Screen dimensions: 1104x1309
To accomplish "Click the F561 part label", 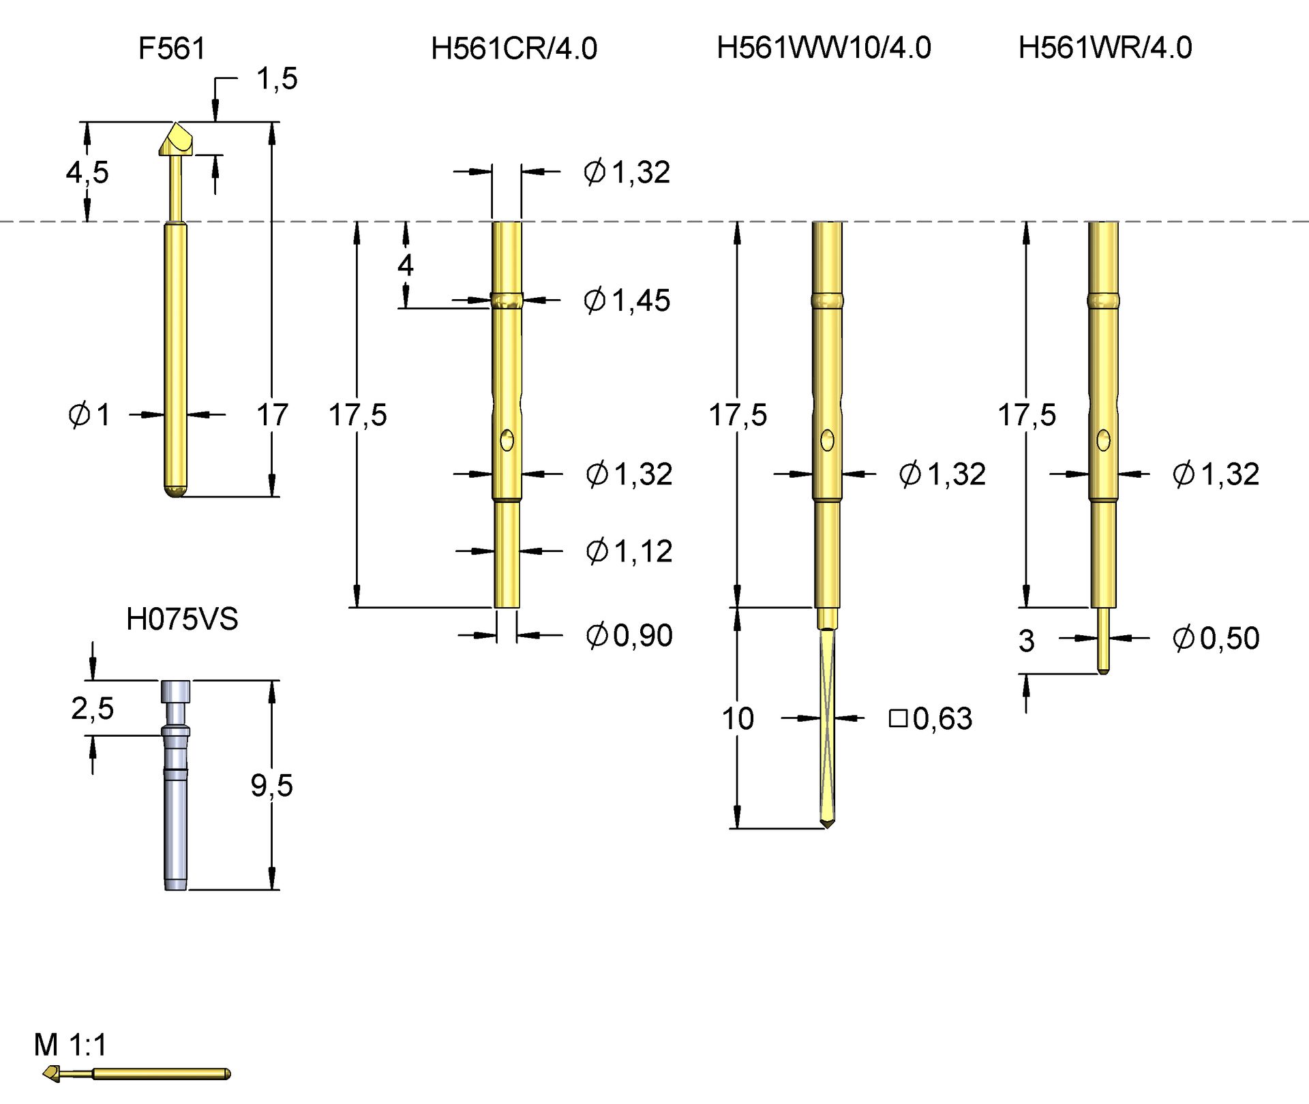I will [x=172, y=48].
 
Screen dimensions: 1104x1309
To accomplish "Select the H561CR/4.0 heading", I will [x=514, y=48].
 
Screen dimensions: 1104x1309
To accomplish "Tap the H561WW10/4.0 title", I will [x=824, y=48].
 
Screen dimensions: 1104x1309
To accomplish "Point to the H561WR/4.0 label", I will [x=1105, y=48].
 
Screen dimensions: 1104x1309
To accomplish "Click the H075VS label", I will [x=182, y=619].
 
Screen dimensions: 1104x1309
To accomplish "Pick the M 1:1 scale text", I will [x=70, y=1045].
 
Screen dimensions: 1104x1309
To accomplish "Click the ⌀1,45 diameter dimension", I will [x=627, y=300].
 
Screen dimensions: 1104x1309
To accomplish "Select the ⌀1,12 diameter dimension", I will [x=629, y=551].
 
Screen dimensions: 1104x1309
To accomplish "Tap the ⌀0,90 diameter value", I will [x=629, y=635].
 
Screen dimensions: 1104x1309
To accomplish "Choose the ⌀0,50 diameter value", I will [x=1216, y=638].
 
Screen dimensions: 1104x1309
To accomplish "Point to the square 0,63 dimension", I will [x=931, y=718].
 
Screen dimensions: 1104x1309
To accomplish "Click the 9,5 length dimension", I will [x=271, y=785].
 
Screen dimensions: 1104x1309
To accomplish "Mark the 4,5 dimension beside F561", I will [x=87, y=172].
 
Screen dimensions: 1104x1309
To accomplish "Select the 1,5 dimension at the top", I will [x=277, y=79].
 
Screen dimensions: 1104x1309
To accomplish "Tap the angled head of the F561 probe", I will [x=177, y=140].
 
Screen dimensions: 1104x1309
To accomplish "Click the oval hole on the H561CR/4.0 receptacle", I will [x=507, y=441].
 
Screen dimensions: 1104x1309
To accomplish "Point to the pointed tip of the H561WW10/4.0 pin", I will [x=828, y=825].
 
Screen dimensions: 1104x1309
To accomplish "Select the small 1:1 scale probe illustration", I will [x=136, y=1074].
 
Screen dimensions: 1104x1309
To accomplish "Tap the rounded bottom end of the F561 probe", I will [x=176, y=491].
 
